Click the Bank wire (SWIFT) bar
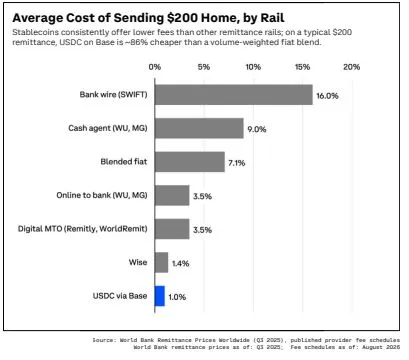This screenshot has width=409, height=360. tap(234, 95)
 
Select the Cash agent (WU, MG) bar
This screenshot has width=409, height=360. tap(199, 128)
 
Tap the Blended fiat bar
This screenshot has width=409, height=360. tap(190, 162)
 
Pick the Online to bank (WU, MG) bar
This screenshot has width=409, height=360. tap(172, 195)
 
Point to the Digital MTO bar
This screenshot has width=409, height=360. tap(172, 229)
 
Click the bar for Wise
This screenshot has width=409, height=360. tap(162, 262)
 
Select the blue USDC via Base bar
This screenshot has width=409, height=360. tap(160, 296)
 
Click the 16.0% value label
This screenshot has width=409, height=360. tap(327, 96)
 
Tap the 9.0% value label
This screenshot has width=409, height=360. tap(257, 129)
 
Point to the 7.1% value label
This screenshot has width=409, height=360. tap(237, 163)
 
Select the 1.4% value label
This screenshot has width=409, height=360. tap(181, 264)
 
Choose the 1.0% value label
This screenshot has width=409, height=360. tap(177, 297)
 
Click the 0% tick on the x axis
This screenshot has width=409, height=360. tap(155, 67)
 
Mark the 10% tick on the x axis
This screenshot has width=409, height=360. tap(253, 67)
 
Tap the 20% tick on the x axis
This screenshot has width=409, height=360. tap(352, 67)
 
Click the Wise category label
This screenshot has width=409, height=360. tap(138, 262)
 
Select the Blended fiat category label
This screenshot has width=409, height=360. tap(124, 162)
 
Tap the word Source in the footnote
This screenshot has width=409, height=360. tap(103, 340)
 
